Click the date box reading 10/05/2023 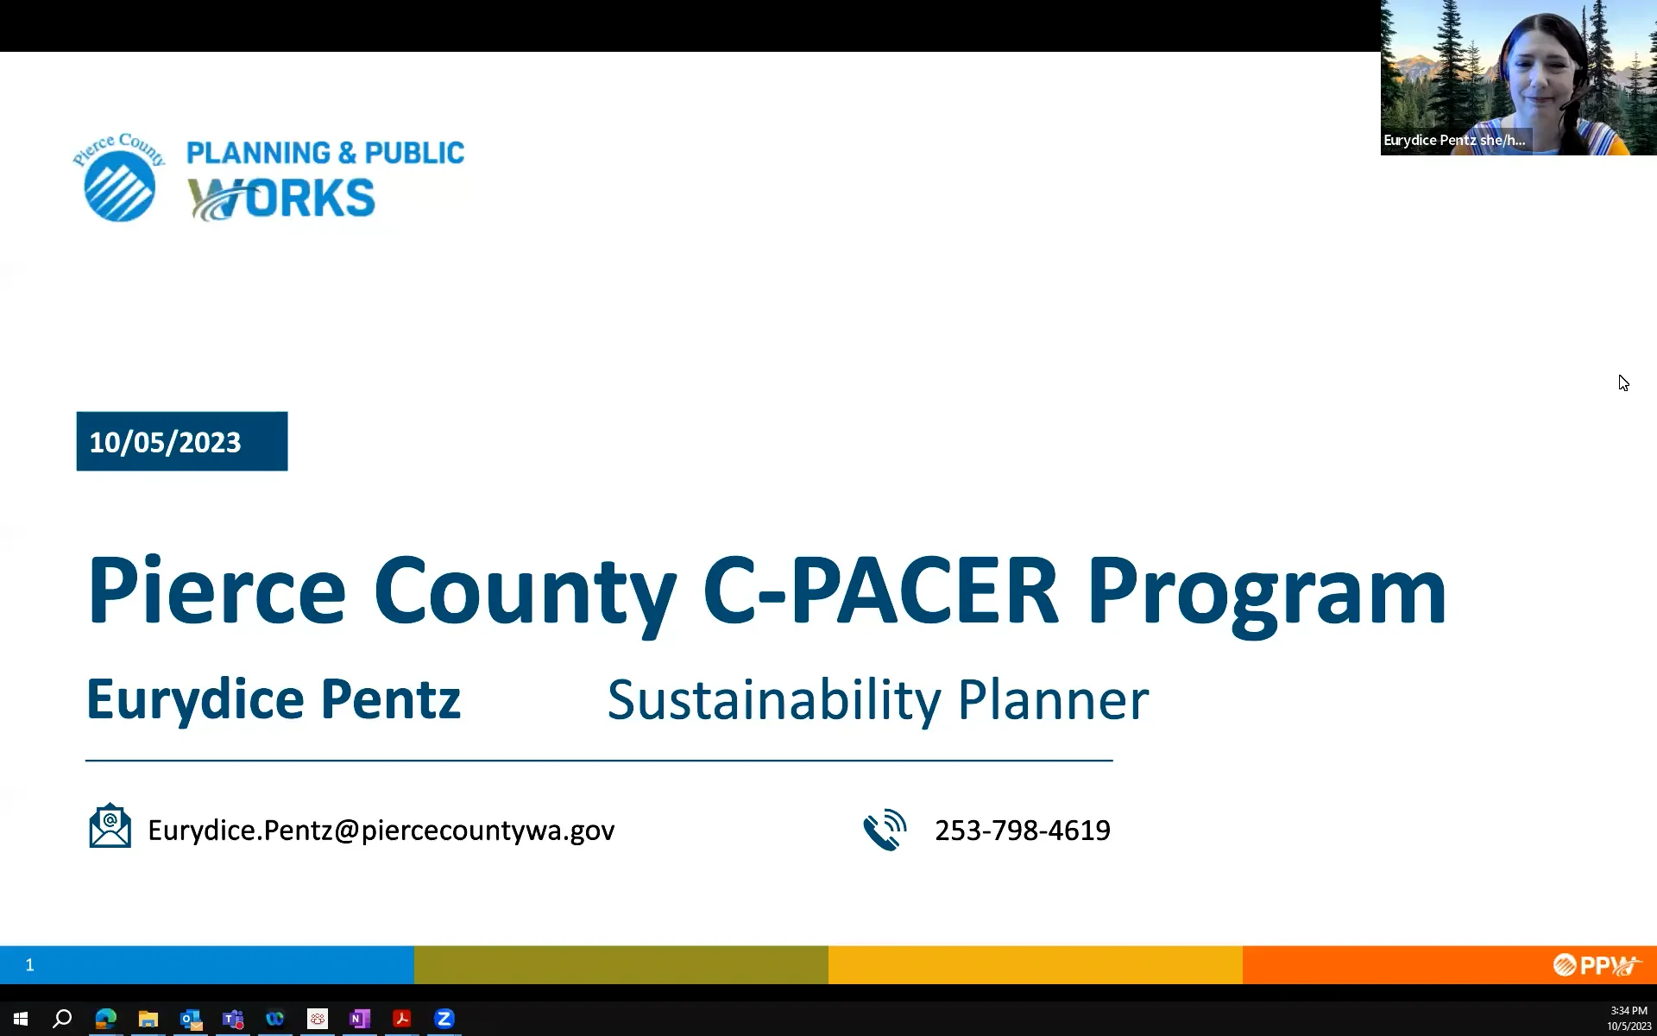point(181,441)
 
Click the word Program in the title point(1265,592)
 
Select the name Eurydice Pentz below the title point(273,698)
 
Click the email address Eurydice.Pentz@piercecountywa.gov point(381,830)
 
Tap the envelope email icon point(110,826)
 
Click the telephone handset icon point(885,830)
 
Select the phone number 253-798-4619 point(1022,830)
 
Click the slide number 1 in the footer point(29,964)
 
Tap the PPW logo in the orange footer point(1596,964)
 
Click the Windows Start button point(21,1019)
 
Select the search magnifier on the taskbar point(62,1019)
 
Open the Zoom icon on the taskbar point(444,1019)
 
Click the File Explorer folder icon point(148,1019)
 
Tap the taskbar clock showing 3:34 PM point(1628,1011)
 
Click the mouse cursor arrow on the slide point(1623,383)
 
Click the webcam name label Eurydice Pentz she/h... point(1454,140)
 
